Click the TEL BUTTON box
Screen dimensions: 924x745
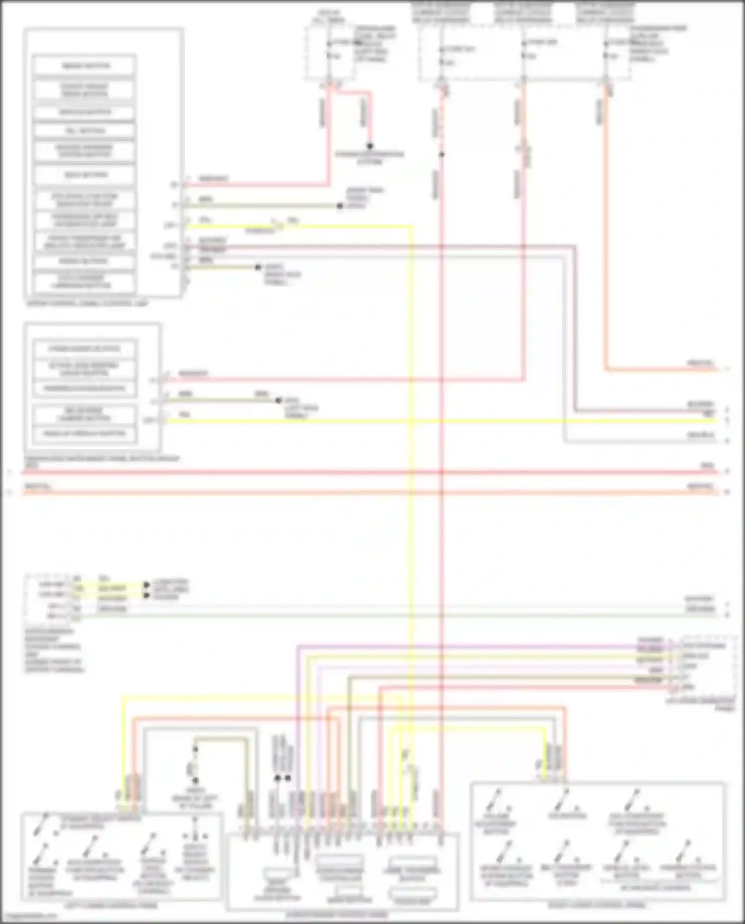coord(84,131)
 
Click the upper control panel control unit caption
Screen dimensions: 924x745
coord(87,303)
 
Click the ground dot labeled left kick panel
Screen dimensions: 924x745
coord(278,400)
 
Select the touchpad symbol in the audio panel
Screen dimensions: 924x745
coord(412,896)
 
